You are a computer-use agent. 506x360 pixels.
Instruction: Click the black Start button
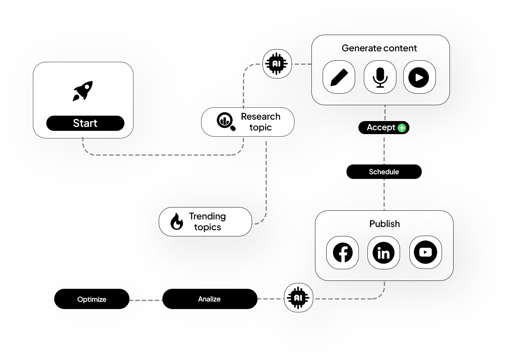click(x=85, y=123)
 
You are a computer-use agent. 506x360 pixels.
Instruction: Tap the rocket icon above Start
click(x=83, y=91)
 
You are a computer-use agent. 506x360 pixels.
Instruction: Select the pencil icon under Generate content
click(x=339, y=77)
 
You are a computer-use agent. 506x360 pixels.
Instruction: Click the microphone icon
click(x=380, y=77)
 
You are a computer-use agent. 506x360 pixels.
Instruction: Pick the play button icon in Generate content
click(x=419, y=77)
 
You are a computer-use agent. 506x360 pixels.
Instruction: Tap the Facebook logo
click(x=343, y=253)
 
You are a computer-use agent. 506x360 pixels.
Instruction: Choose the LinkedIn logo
click(x=383, y=253)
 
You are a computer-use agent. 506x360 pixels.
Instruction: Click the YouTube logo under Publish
click(x=425, y=252)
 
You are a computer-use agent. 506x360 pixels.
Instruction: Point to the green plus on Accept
click(x=402, y=128)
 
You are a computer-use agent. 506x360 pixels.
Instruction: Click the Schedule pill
click(x=384, y=172)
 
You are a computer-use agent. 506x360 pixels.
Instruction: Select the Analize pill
click(x=209, y=299)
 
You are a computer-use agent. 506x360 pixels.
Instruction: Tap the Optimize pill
click(x=92, y=299)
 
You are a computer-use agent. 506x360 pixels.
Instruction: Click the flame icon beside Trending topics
click(x=177, y=221)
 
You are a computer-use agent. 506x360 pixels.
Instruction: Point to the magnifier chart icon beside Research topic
click(x=226, y=121)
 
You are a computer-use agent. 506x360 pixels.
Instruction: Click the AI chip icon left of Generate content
click(x=277, y=64)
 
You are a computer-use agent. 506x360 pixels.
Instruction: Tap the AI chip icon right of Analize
click(x=298, y=298)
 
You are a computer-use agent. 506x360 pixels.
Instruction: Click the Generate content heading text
click(x=379, y=48)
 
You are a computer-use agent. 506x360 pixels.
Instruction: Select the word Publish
click(x=384, y=224)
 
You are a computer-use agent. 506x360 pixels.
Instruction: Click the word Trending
click(x=207, y=216)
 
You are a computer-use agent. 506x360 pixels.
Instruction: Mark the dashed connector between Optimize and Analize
click(x=146, y=300)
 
